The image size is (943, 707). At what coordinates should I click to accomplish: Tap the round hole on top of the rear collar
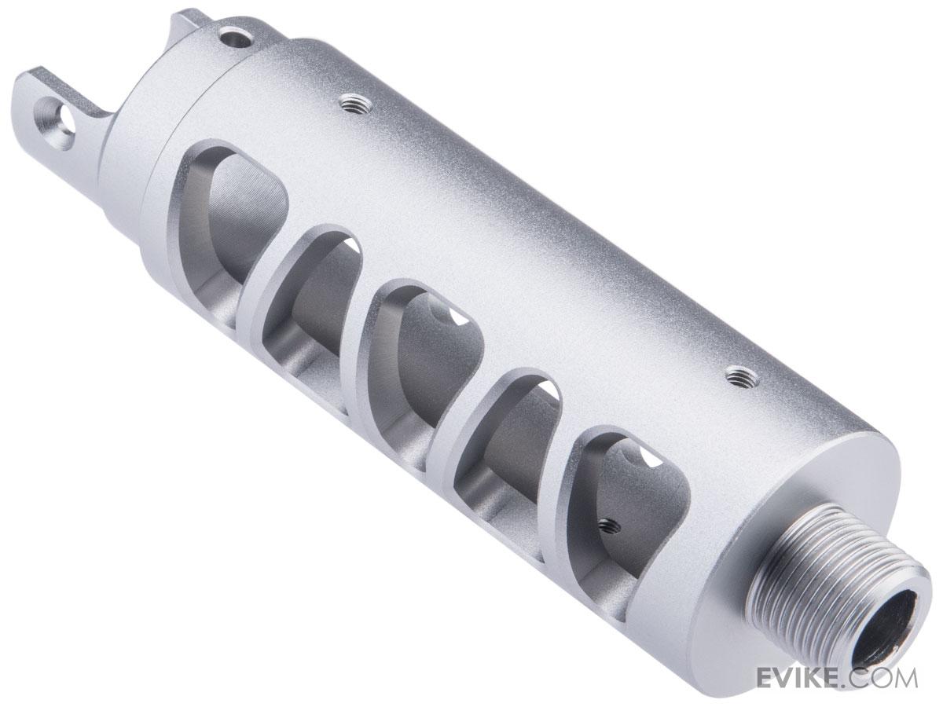coord(236,39)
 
